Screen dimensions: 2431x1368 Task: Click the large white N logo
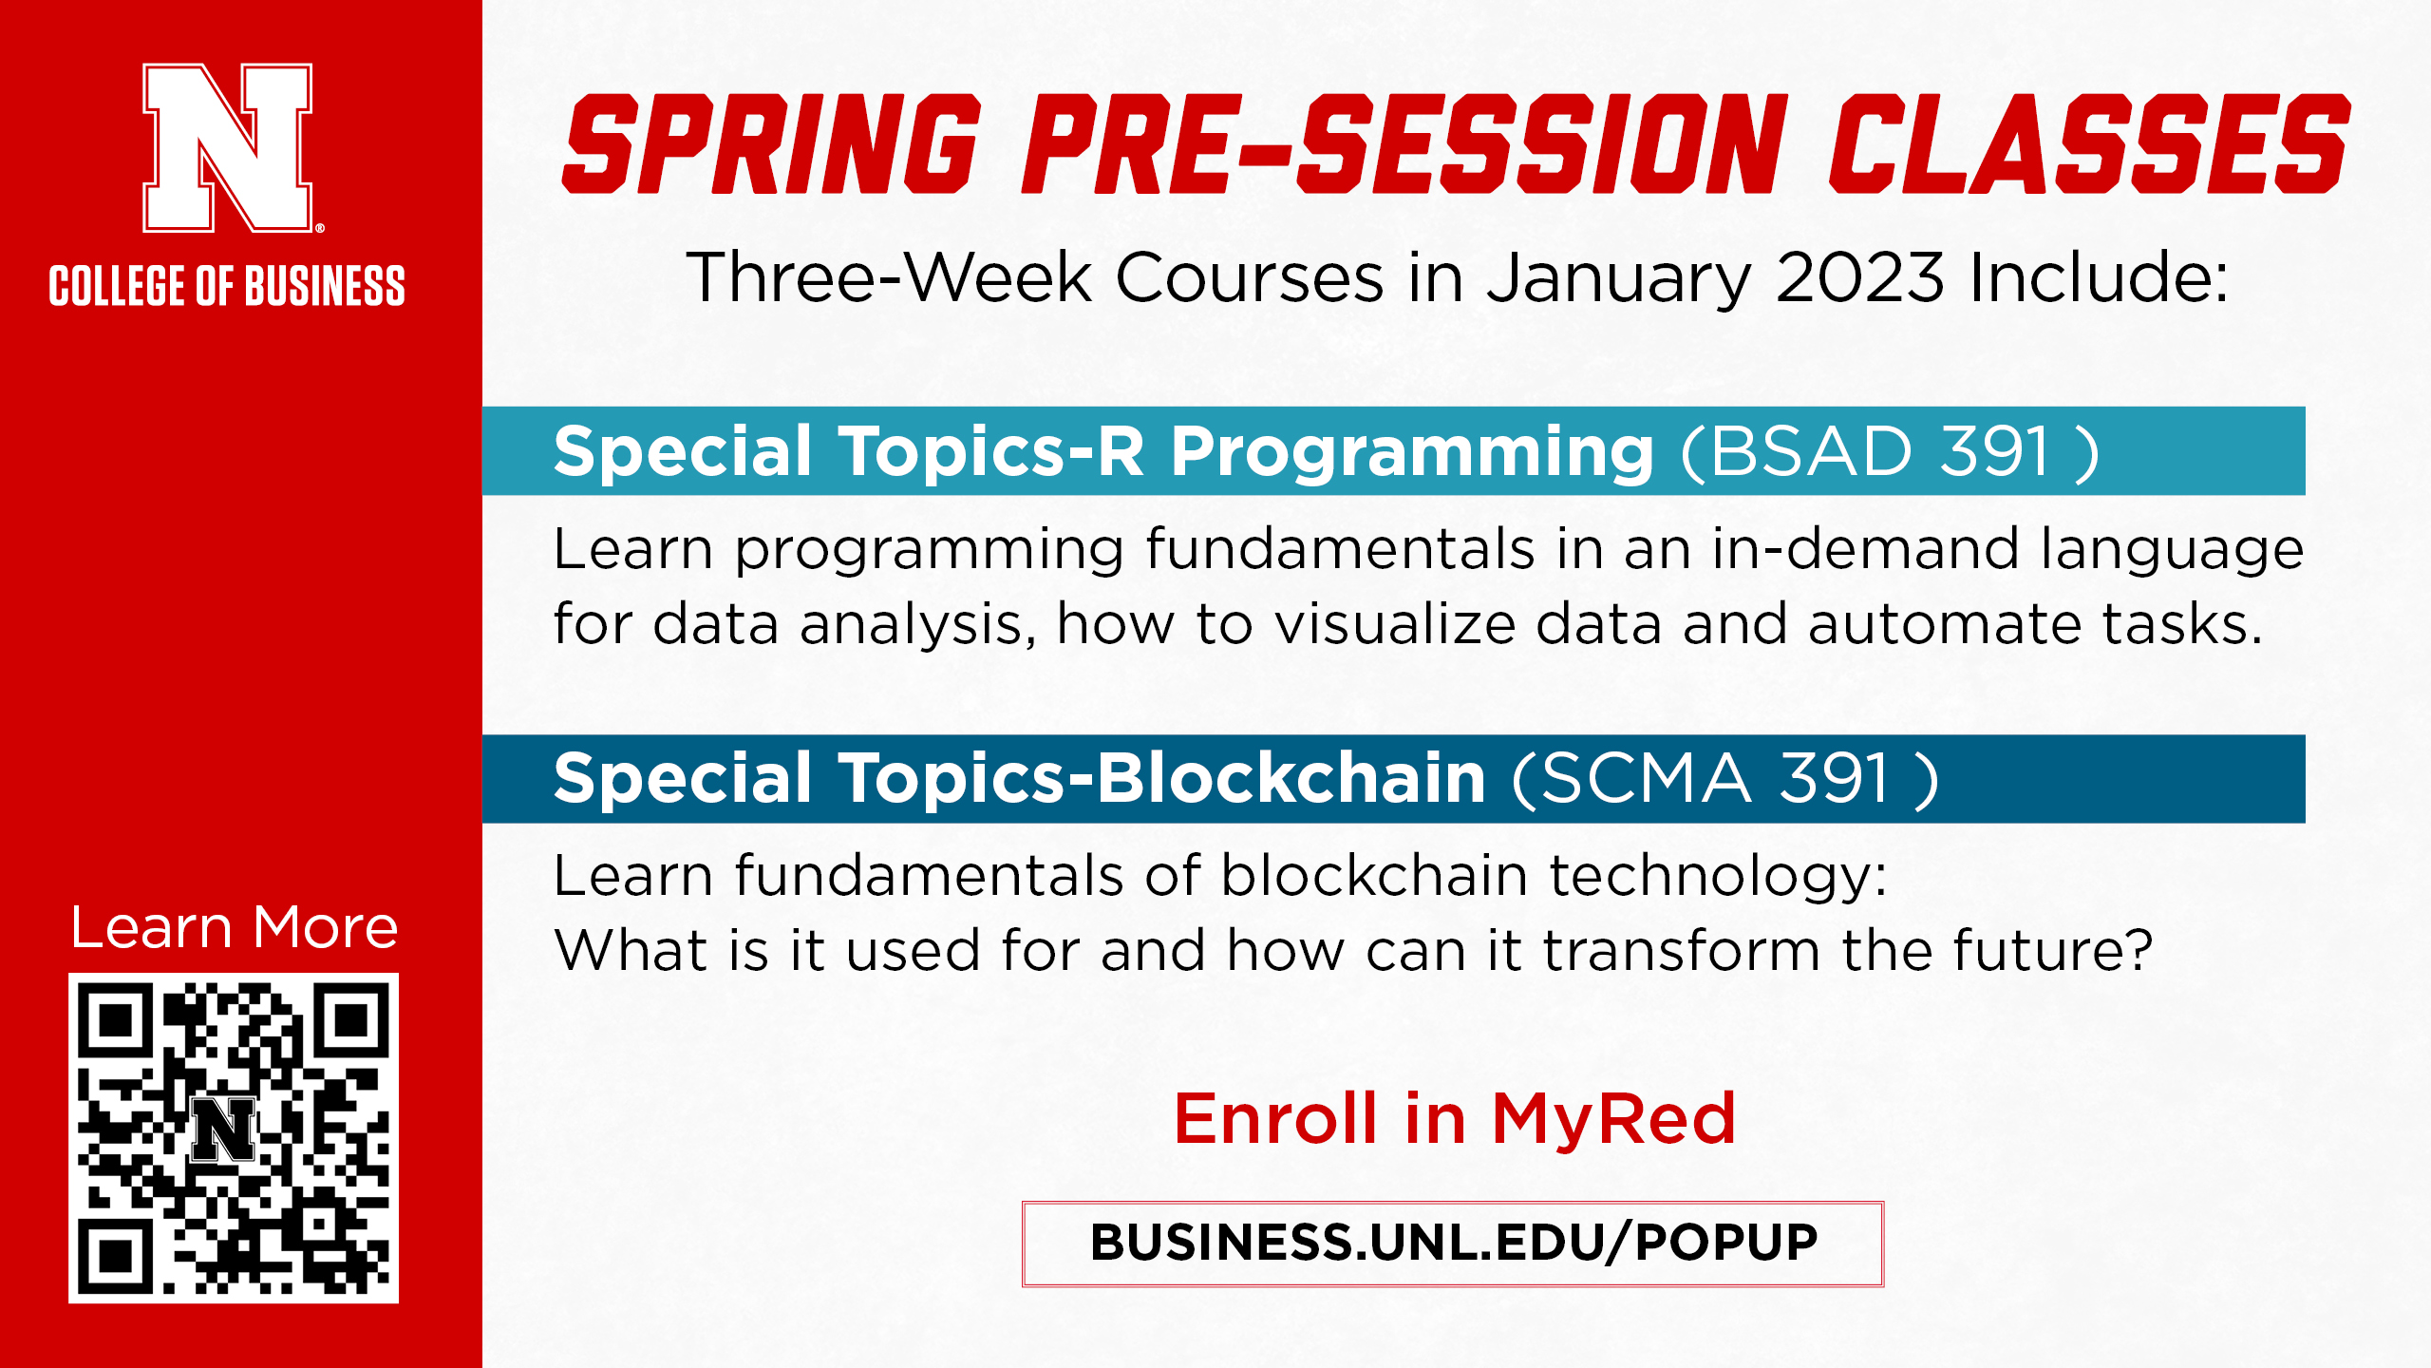[x=227, y=147]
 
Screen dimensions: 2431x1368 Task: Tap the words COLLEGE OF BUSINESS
[x=227, y=286]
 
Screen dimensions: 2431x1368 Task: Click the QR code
[x=234, y=1138]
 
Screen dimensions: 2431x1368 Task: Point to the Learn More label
[x=234, y=927]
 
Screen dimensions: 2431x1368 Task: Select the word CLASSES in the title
[x=2089, y=144]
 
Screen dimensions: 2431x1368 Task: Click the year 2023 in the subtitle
[x=1859, y=277]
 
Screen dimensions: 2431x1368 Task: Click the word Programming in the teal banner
[x=1412, y=453]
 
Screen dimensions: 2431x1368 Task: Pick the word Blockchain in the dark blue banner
[x=1291, y=778]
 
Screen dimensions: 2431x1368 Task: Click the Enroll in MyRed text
[x=1455, y=1119]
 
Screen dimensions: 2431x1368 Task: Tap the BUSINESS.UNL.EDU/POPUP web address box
[x=1453, y=1244]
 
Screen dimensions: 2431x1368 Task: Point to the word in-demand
[x=1865, y=548]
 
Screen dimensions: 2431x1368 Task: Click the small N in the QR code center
[x=224, y=1130]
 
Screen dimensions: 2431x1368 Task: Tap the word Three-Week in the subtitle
[x=889, y=277]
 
